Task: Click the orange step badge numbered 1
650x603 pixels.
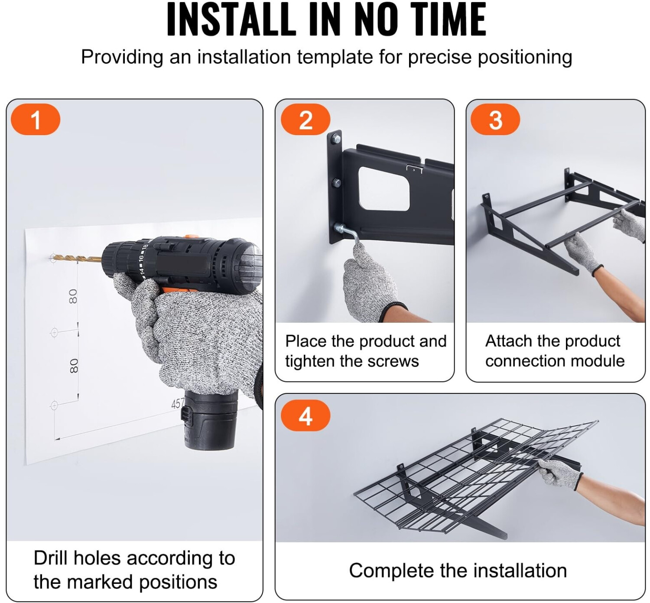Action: [x=36, y=120]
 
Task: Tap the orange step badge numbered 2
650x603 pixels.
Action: [x=305, y=120]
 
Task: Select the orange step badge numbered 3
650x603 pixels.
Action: [x=495, y=120]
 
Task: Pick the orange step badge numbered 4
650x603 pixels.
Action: [x=305, y=415]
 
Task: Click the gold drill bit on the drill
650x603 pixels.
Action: [x=77, y=259]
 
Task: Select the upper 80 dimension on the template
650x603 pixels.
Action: [x=73, y=296]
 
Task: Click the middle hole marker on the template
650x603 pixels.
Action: [x=54, y=333]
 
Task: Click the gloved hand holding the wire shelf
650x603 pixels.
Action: [x=560, y=473]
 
